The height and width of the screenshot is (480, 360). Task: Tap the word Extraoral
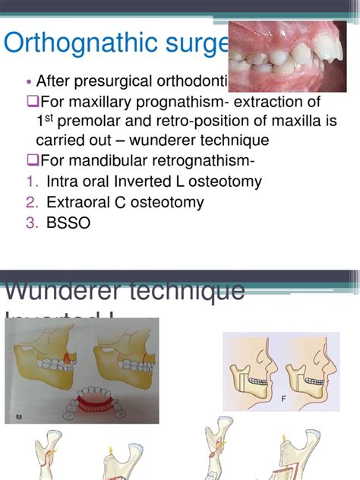click(x=79, y=202)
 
